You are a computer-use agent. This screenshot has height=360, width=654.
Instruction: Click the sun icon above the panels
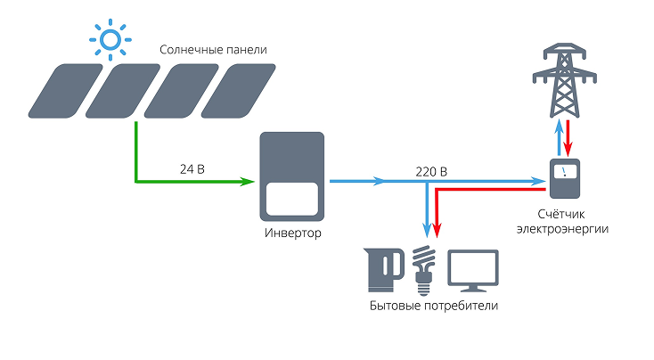pos(110,40)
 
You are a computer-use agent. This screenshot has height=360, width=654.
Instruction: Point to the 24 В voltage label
pos(191,167)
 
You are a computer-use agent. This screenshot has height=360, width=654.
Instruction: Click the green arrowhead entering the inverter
pos(247,182)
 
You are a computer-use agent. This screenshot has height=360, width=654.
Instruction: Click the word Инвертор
pos(292,233)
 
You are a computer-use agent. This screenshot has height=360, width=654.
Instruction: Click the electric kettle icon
pos(386,269)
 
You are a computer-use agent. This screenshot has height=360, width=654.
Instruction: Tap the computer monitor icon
pos(472,268)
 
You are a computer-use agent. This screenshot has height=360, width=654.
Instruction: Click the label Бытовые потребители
pos(433,306)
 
